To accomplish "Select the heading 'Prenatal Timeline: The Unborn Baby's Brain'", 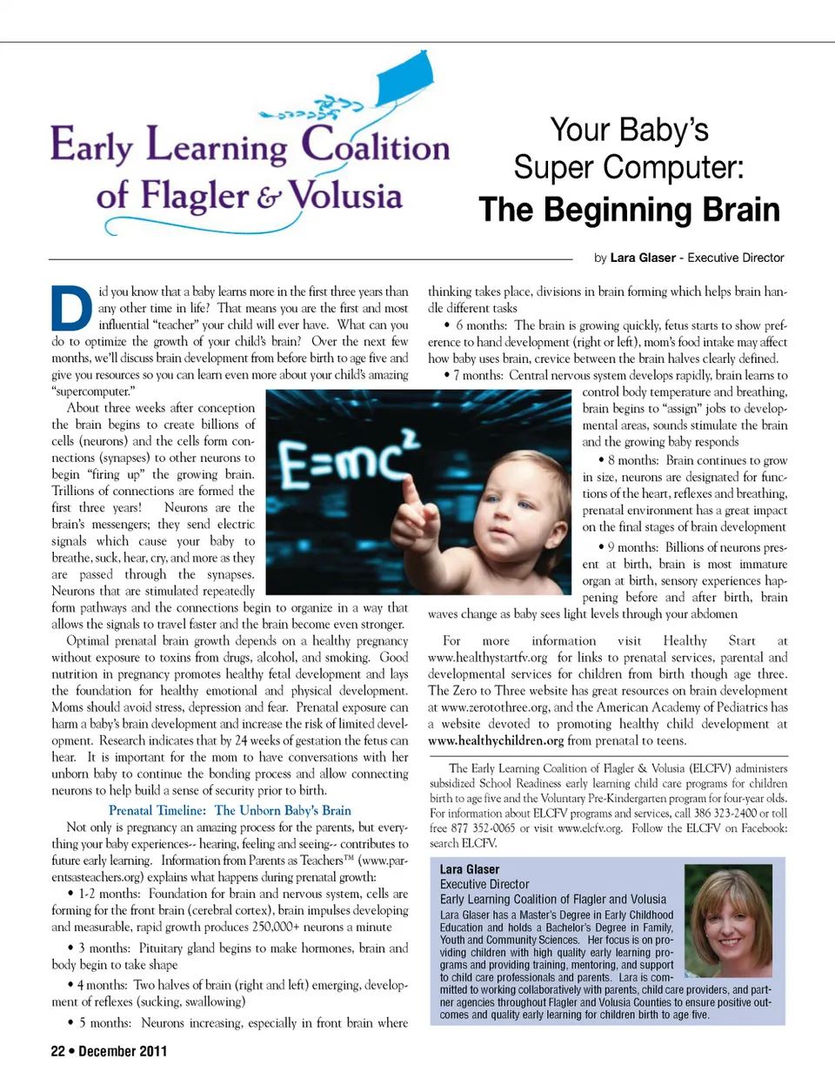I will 230,810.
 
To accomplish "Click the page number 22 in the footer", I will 57,1050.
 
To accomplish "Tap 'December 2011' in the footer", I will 123,1050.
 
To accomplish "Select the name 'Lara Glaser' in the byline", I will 642,258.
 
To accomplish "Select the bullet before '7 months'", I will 446,376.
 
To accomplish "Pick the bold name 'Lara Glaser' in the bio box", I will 470,869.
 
